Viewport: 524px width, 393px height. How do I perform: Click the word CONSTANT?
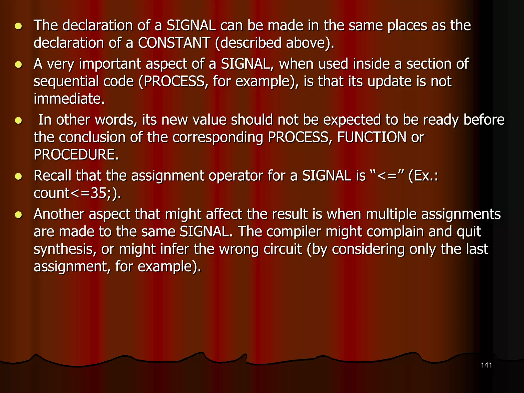click(174, 43)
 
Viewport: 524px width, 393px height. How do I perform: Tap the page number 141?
click(486, 365)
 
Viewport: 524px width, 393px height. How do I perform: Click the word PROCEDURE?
click(76, 155)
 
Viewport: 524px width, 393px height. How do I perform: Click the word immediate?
click(69, 99)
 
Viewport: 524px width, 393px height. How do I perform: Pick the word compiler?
click(294, 232)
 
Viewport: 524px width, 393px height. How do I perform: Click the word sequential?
click(66, 81)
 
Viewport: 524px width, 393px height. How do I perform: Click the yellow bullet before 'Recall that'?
click(18, 176)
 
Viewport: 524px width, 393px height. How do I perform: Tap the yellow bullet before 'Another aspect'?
click(18, 215)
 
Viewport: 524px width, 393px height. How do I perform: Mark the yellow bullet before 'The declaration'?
click(18, 26)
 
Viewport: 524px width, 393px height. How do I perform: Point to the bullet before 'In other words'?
click(18, 120)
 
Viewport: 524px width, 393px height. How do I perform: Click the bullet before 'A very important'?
click(18, 64)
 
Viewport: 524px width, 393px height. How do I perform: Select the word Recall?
click(52, 176)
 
